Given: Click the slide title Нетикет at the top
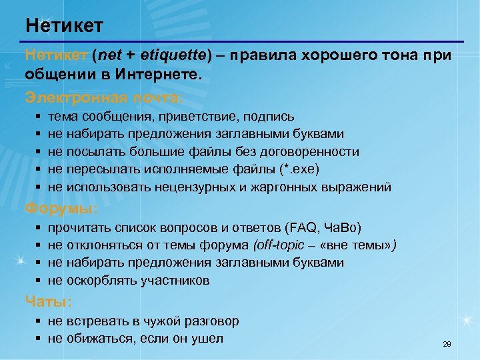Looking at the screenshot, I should pyautogui.click(x=65, y=26).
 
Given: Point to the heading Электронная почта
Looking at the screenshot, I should pyautogui.click(x=103, y=97).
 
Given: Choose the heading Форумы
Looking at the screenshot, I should pyautogui.click(x=61, y=209).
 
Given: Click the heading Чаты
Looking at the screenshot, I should pyautogui.click(x=49, y=301).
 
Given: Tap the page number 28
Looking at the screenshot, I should pyautogui.click(x=447, y=345).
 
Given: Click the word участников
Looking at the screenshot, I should pyautogui.click(x=175, y=280).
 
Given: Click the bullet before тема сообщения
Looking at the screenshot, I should pyautogui.click(x=36, y=117).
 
